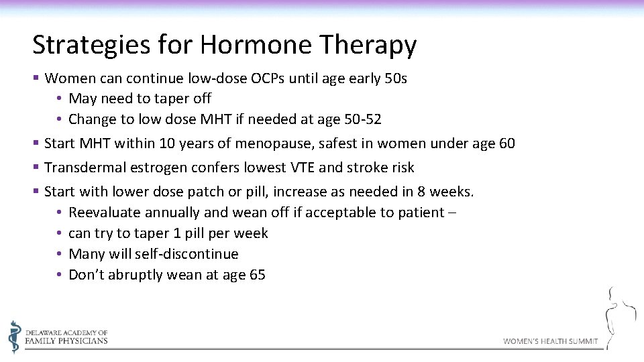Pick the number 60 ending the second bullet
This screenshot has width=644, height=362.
coord(506,143)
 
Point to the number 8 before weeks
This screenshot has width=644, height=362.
coord(421,191)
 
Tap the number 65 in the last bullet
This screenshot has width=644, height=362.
coord(257,275)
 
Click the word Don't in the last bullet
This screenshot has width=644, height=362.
coord(87,275)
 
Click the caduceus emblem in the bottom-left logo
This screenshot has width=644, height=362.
coord(15,337)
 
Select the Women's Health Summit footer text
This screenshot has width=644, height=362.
coord(550,341)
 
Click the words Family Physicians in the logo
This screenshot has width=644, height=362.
coord(66,341)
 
